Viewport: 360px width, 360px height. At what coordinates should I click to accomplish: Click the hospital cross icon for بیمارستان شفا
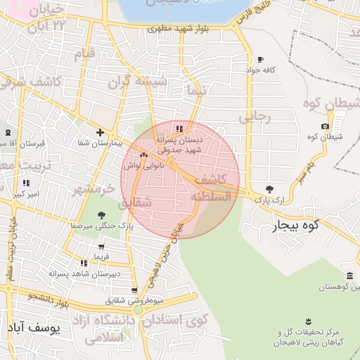(101, 132)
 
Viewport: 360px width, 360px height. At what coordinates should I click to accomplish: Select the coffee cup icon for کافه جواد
(261, 60)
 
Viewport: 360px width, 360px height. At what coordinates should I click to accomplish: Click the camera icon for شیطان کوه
(324, 127)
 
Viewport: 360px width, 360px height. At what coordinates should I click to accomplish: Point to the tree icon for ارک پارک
(270, 189)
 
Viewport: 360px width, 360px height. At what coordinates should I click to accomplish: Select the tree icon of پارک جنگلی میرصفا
(103, 215)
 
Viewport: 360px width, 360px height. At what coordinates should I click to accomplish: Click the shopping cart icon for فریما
(103, 247)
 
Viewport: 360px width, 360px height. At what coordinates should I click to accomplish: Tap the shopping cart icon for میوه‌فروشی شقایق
(134, 290)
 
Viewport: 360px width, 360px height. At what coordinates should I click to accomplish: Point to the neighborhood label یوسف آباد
(33, 327)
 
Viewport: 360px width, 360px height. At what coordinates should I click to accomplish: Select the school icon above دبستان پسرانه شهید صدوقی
(179, 129)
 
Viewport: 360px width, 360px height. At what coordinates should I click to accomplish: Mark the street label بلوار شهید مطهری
(175, 29)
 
